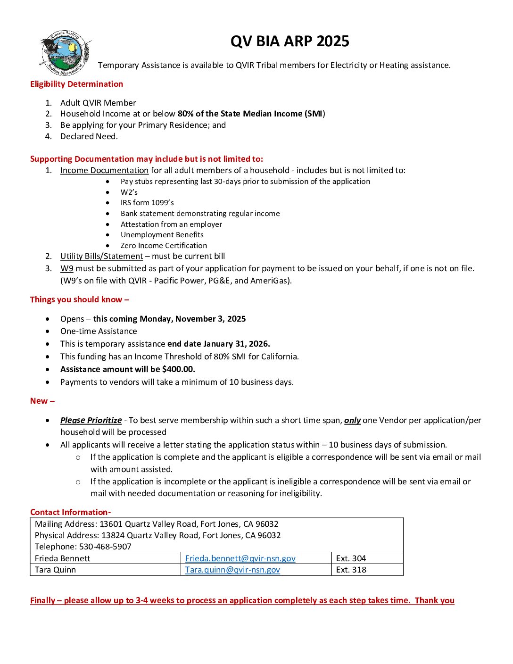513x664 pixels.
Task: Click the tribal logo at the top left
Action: (66, 52)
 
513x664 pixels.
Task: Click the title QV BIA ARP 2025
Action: (290, 41)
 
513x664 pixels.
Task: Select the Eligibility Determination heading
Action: (76, 84)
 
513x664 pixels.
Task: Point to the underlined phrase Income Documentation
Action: (104, 170)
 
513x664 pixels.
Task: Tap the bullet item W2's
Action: (129, 192)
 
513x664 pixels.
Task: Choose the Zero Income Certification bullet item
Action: (164, 246)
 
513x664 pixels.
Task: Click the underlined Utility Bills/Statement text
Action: (101, 256)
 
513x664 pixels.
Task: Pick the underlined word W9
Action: (66, 268)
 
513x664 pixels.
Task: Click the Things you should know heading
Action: (79, 299)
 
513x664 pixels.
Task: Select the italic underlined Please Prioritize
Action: (91, 420)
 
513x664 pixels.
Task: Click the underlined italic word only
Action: (352, 420)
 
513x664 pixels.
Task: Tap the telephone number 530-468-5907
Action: (105, 547)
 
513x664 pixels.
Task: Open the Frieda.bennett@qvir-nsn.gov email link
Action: (240, 558)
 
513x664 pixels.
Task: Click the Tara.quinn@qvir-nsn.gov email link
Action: (232, 570)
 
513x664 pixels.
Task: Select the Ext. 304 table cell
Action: (351, 558)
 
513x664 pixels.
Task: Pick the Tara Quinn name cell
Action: (55, 570)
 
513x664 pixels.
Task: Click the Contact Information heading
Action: (70, 512)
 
